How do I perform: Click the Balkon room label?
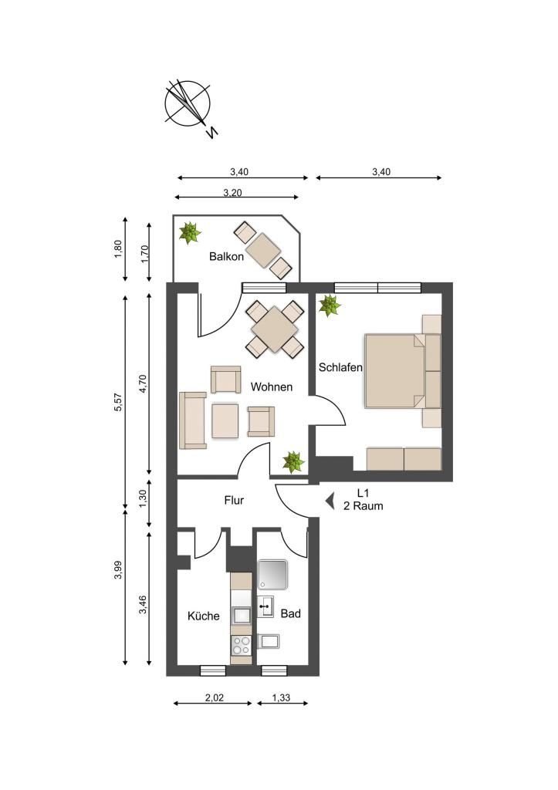tap(226, 256)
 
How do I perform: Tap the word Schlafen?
tap(340, 367)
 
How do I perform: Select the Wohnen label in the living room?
tap(271, 387)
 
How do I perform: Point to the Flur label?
tap(234, 500)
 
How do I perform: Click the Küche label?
tap(204, 616)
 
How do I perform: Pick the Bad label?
tap(290, 613)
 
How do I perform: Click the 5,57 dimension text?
tap(119, 401)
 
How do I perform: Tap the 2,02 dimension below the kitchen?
tap(215, 697)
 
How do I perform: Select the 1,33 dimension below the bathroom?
tap(281, 697)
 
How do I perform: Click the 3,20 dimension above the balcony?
tap(232, 193)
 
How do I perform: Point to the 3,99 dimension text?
tap(119, 570)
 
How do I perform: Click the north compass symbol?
tap(188, 106)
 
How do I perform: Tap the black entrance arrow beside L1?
tap(330, 501)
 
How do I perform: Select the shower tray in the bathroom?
tap(272, 575)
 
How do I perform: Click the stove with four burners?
tap(241, 646)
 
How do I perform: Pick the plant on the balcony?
tap(190, 233)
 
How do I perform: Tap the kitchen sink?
tap(241, 616)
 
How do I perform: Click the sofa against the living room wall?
tap(192, 420)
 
